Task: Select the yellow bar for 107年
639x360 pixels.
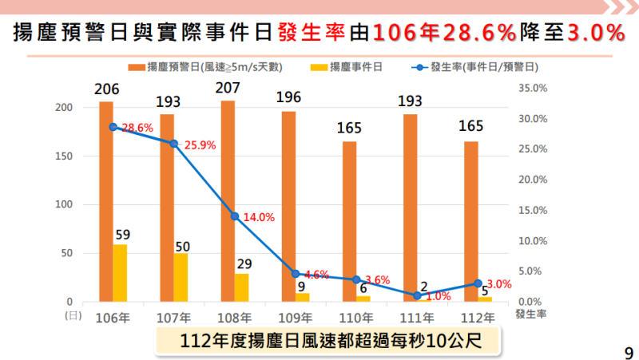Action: pyautogui.click(x=181, y=277)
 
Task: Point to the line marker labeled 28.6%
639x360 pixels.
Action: pyautogui.click(x=113, y=127)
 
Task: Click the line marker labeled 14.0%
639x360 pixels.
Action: pyautogui.click(x=234, y=216)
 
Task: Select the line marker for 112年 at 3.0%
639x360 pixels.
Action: pyautogui.click(x=478, y=283)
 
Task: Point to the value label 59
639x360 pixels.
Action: pyautogui.click(x=121, y=235)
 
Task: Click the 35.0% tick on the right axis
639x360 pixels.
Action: pyautogui.click(x=533, y=88)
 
